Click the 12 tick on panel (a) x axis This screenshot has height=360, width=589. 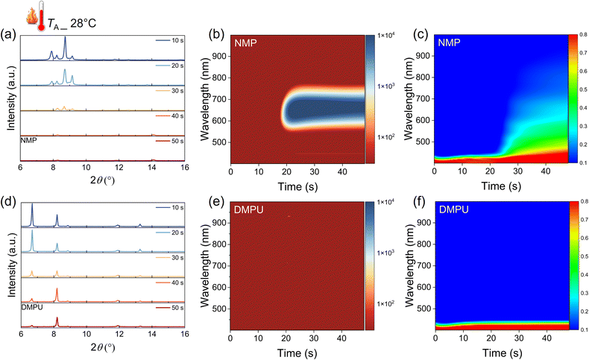click(x=119, y=168)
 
